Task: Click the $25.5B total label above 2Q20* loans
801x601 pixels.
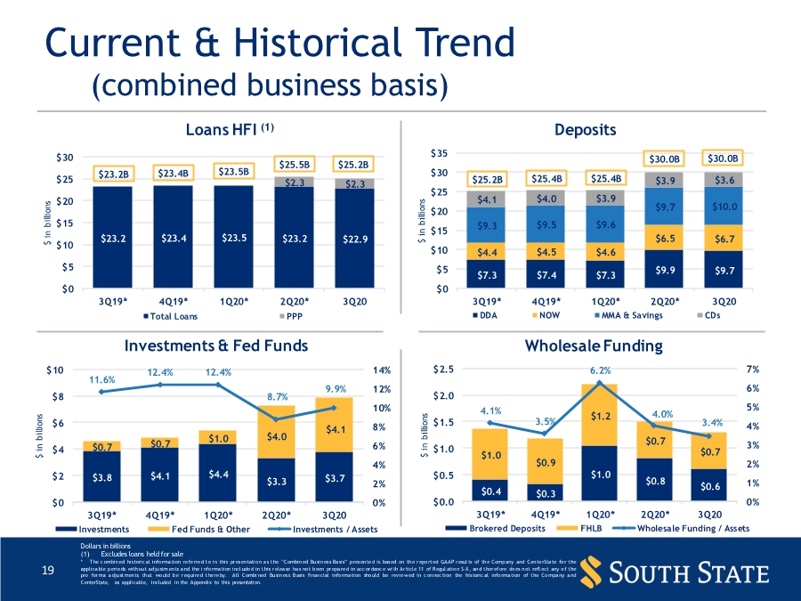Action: [294, 164]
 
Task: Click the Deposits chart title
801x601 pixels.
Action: [585, 130]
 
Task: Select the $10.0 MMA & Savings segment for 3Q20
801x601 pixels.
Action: [725, 207]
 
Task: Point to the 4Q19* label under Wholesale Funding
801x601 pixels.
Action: [545, 515]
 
